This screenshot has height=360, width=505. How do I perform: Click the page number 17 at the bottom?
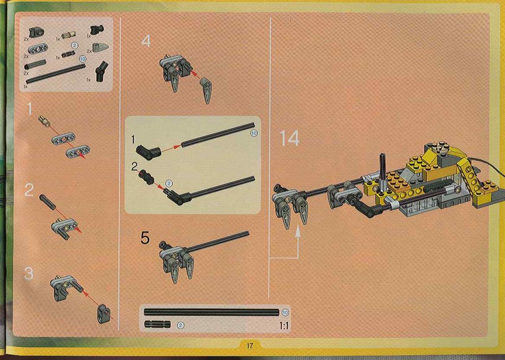click(250, 346)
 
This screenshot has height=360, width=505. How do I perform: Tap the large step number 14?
click(290, 138)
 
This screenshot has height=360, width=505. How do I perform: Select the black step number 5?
click(145, 238)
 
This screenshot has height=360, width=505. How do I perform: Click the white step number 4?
click(146, 41)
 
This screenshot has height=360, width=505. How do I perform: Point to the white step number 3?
click(29, 273)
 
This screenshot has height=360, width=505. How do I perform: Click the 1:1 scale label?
click(284, 326)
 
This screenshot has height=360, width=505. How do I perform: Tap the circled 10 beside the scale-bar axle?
click(285, 312)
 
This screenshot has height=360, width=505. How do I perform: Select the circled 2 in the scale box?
click(181, 325)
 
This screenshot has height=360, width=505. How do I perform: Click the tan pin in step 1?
click(44, 121)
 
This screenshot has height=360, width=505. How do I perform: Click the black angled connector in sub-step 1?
click(148, 152)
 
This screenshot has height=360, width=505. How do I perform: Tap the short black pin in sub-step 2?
click(147, 178)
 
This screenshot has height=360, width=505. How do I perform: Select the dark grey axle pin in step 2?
click(48, 202)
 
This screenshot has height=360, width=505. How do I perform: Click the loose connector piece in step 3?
click(104, 314)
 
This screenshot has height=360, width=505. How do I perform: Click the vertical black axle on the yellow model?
click(382, 168)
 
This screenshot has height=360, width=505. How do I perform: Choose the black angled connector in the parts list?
click(102, 71)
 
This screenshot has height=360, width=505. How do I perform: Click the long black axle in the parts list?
click(55, 74)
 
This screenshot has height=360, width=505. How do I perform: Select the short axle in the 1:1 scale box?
click(157, 324)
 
